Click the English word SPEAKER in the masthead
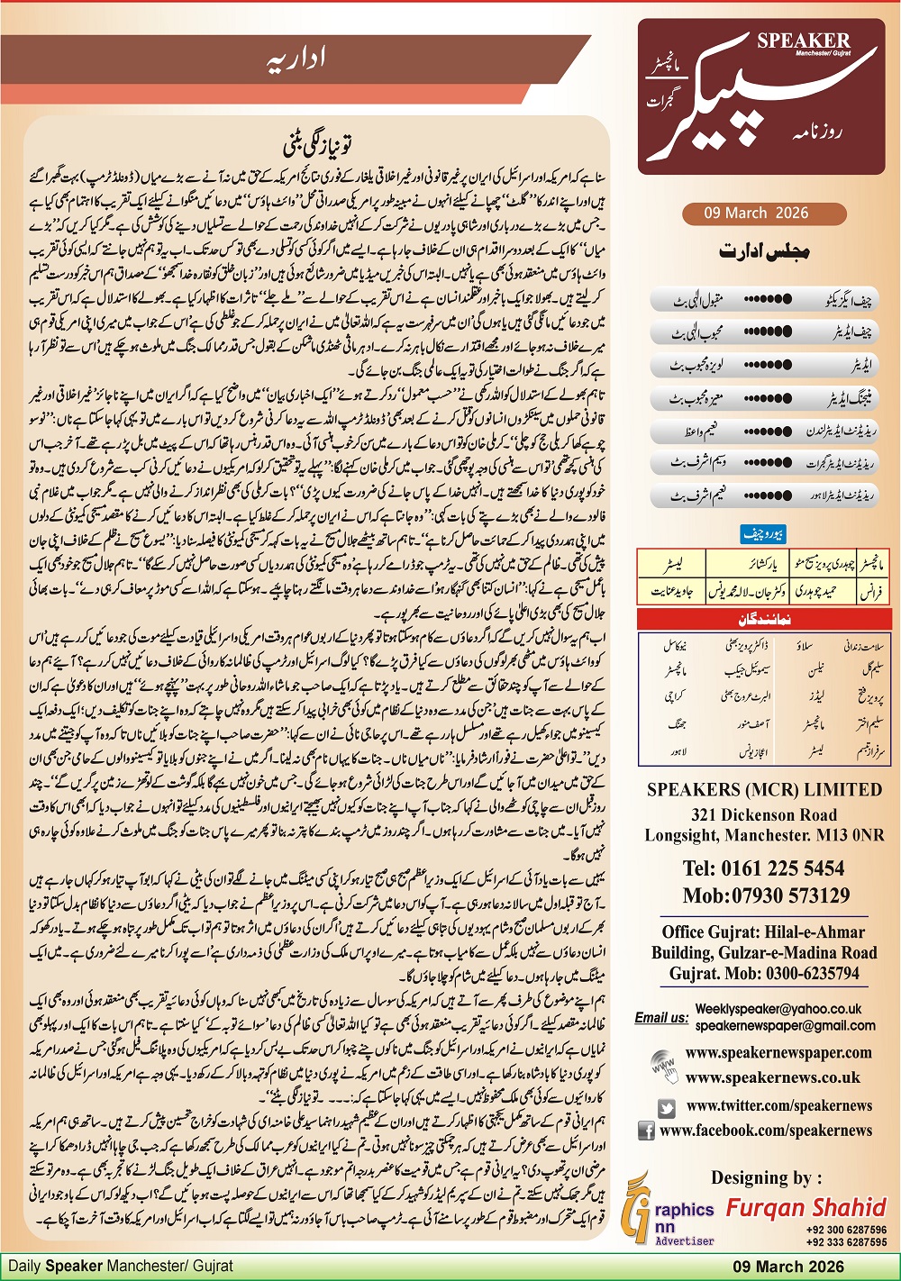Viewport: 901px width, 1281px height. tap(803, 41)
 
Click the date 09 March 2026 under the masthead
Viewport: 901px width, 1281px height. tap(757, 213)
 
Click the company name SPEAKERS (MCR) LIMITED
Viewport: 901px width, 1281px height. tap(764, 790)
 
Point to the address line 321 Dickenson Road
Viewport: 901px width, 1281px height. tap(764, 814)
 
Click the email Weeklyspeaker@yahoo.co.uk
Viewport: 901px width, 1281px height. tap(778, 1010)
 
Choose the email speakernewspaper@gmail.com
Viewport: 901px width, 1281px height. tap(785, 1026)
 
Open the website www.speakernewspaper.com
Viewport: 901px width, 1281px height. tap(778, 1052)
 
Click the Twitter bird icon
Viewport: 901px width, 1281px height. tap(667, 1107)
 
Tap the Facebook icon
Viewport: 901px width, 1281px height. tap(646, 1131)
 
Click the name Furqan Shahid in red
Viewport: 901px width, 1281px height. tap(806, 1208)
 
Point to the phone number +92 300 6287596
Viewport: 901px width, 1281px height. tap(846, 1230)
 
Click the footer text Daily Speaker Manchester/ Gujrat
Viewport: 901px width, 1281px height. tap(121, 1267)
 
